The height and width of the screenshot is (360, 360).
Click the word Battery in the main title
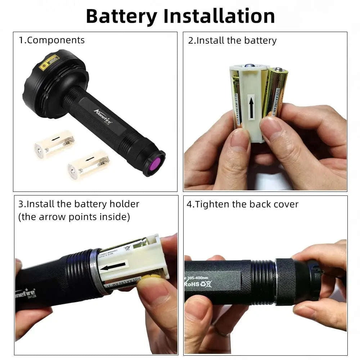pyautogui.click(x=121, y=16)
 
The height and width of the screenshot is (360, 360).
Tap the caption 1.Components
pyautogui.click(x=51, y=40)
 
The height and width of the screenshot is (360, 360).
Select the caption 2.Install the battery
pyautogui.click(x=232, y=40)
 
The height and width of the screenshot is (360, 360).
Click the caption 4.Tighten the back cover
pyautogui.click(x=242, y=204)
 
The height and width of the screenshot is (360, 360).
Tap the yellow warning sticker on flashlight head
pyautogui.click(x=49, y=61)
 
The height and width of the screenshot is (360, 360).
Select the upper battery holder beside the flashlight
pyautogui.click(x=55, y=144)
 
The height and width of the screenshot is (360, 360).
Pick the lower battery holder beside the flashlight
pyautogui.click(x=89, y=165)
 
